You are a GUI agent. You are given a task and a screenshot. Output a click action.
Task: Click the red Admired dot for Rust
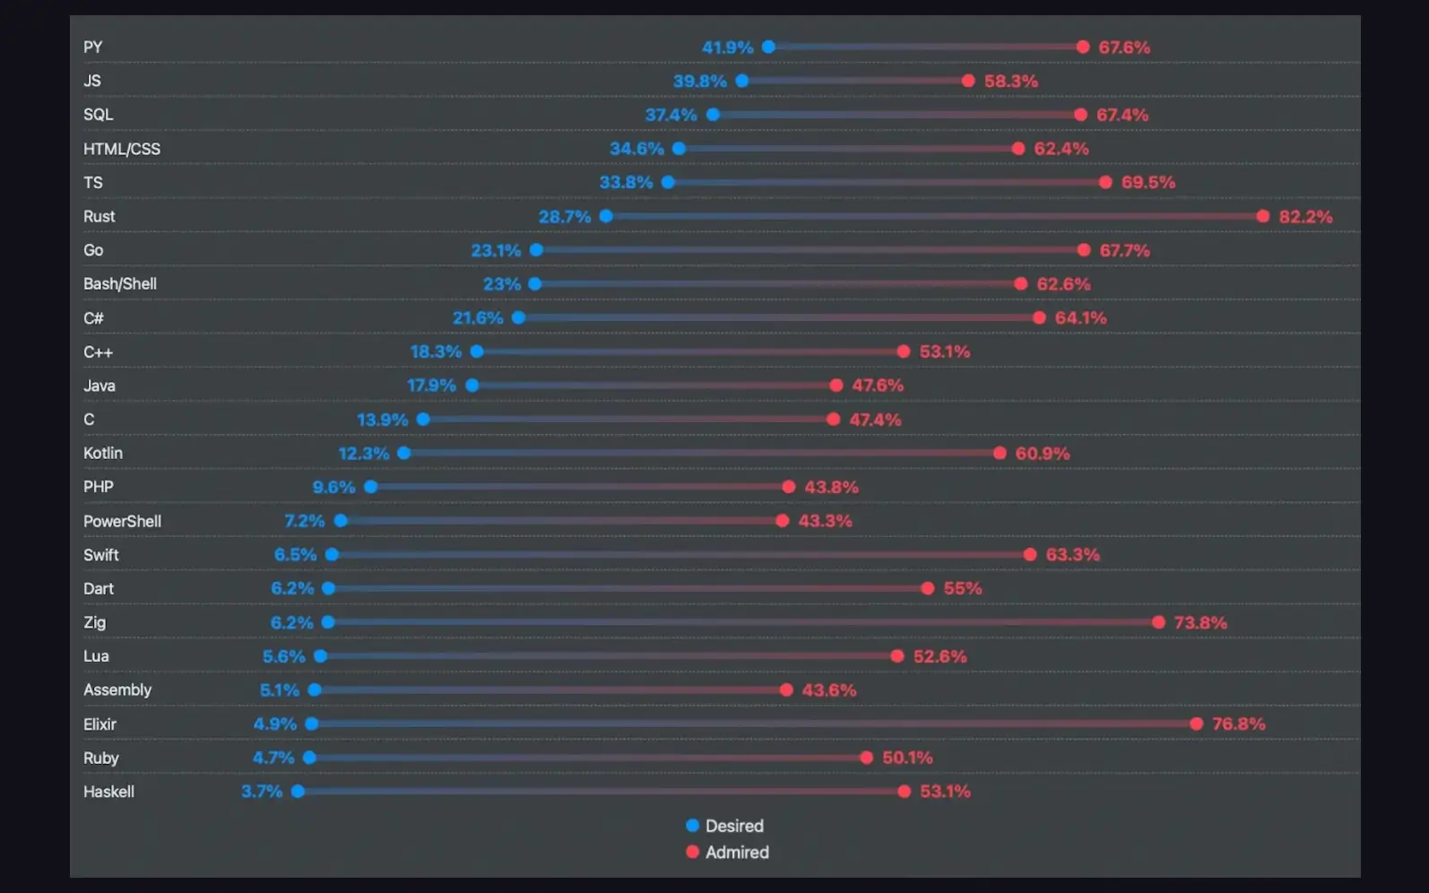click(x=1262, y=216)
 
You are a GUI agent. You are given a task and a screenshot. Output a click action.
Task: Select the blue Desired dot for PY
click(x=768, y=47)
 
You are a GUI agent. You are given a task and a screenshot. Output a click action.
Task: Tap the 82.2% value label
click(x=1305, y=217)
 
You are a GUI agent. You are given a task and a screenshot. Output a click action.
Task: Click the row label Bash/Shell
click(x=120, y=284)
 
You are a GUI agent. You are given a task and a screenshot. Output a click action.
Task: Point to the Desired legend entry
click(x=725, y=826)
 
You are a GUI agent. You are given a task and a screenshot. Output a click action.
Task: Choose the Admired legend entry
click(x=727, y=853)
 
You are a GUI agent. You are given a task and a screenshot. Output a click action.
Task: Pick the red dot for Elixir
click(x=1196, y=724)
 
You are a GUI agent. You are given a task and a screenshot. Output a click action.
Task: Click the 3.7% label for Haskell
click(x=262, y=792)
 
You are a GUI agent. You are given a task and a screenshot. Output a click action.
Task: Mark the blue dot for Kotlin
click(x=404, y=453)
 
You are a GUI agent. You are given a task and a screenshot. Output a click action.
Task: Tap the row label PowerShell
click(x=122, y=521)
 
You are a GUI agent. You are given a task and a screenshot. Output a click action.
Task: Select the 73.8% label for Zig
click(x=1200, y=622)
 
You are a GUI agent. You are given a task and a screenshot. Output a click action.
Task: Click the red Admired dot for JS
click(x=968, y=81)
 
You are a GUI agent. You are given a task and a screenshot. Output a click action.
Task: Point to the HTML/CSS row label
click(x=122, y=149)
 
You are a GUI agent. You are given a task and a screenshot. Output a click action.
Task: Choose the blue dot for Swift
click(x=332, y=555)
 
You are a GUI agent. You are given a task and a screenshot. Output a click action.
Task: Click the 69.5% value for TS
click(x=1148, y=183)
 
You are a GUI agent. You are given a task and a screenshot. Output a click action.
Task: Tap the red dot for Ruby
click(x=866, y=758)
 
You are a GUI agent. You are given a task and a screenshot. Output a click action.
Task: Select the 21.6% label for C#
click(x=478, y=318)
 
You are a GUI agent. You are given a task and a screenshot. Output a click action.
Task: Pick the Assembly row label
click(x=117, y=690)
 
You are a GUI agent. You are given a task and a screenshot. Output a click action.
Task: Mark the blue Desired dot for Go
click(x=536, y=250)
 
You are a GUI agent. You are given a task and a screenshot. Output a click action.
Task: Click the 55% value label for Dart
click(x=962, y=589)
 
